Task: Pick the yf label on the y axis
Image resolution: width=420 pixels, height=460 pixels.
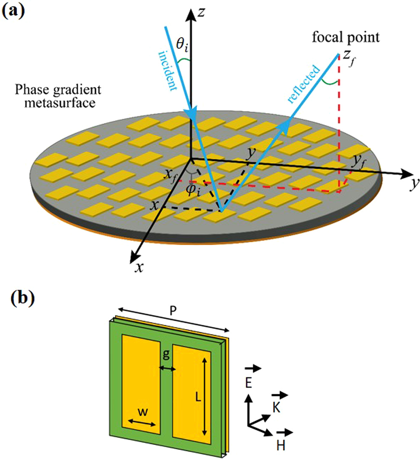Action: (359, 160)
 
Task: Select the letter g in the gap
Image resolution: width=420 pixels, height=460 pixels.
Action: (166, 356)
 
